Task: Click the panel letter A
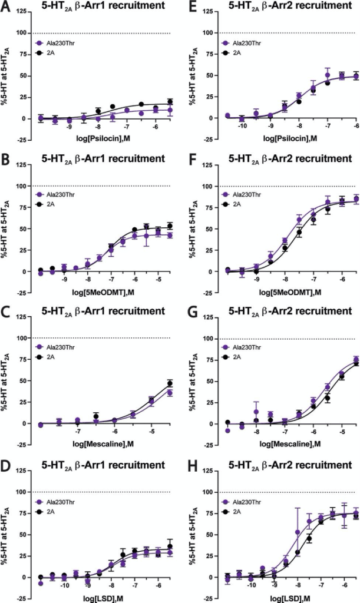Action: click(7, 6)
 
